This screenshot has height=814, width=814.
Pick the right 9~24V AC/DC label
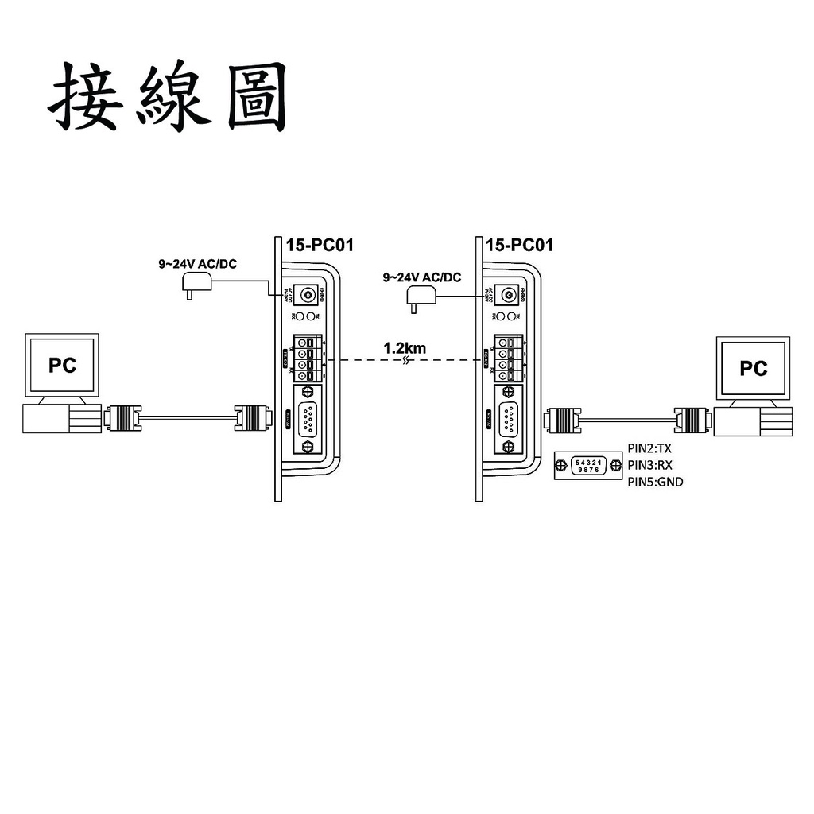point(422,277)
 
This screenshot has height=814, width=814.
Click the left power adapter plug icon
point(196,285)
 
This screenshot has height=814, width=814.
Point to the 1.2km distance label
point(405,347)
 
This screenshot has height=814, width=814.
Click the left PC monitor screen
point(63,366)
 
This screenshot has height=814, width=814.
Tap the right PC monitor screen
point(753,368)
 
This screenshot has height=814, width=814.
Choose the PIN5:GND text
point(655,482)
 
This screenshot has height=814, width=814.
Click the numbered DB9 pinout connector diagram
point(589,466)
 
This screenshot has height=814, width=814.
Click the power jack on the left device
point(305,295)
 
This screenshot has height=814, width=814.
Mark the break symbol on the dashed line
point(406,360)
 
